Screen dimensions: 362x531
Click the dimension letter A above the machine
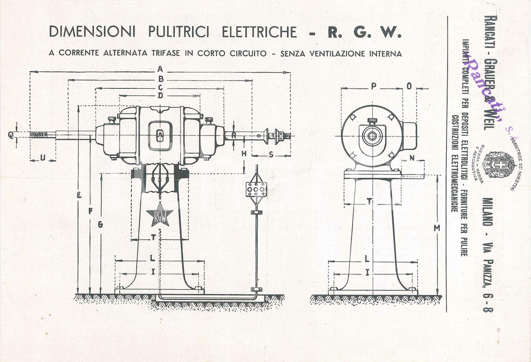pyautogui.click(x=160, y=68)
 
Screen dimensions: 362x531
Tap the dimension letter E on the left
pyautogui.click(x=79, y=196)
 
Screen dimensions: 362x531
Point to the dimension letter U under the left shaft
pyautogui.click(x=42, y=157)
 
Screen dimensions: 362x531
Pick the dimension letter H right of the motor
pyautogui.click(x=244, y=153)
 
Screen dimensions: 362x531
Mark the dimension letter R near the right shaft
pyautogui.click(x=234, y=135)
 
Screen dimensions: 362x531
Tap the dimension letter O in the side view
pyautogui.click(x=409, y=86)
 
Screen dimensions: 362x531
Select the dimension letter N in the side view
pyautogui.click(x=412, y=158)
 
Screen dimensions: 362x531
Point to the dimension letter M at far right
pyautogui.click(x=436, y=228)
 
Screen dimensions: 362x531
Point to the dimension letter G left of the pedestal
pyautogui.click(x=100, y=225)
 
